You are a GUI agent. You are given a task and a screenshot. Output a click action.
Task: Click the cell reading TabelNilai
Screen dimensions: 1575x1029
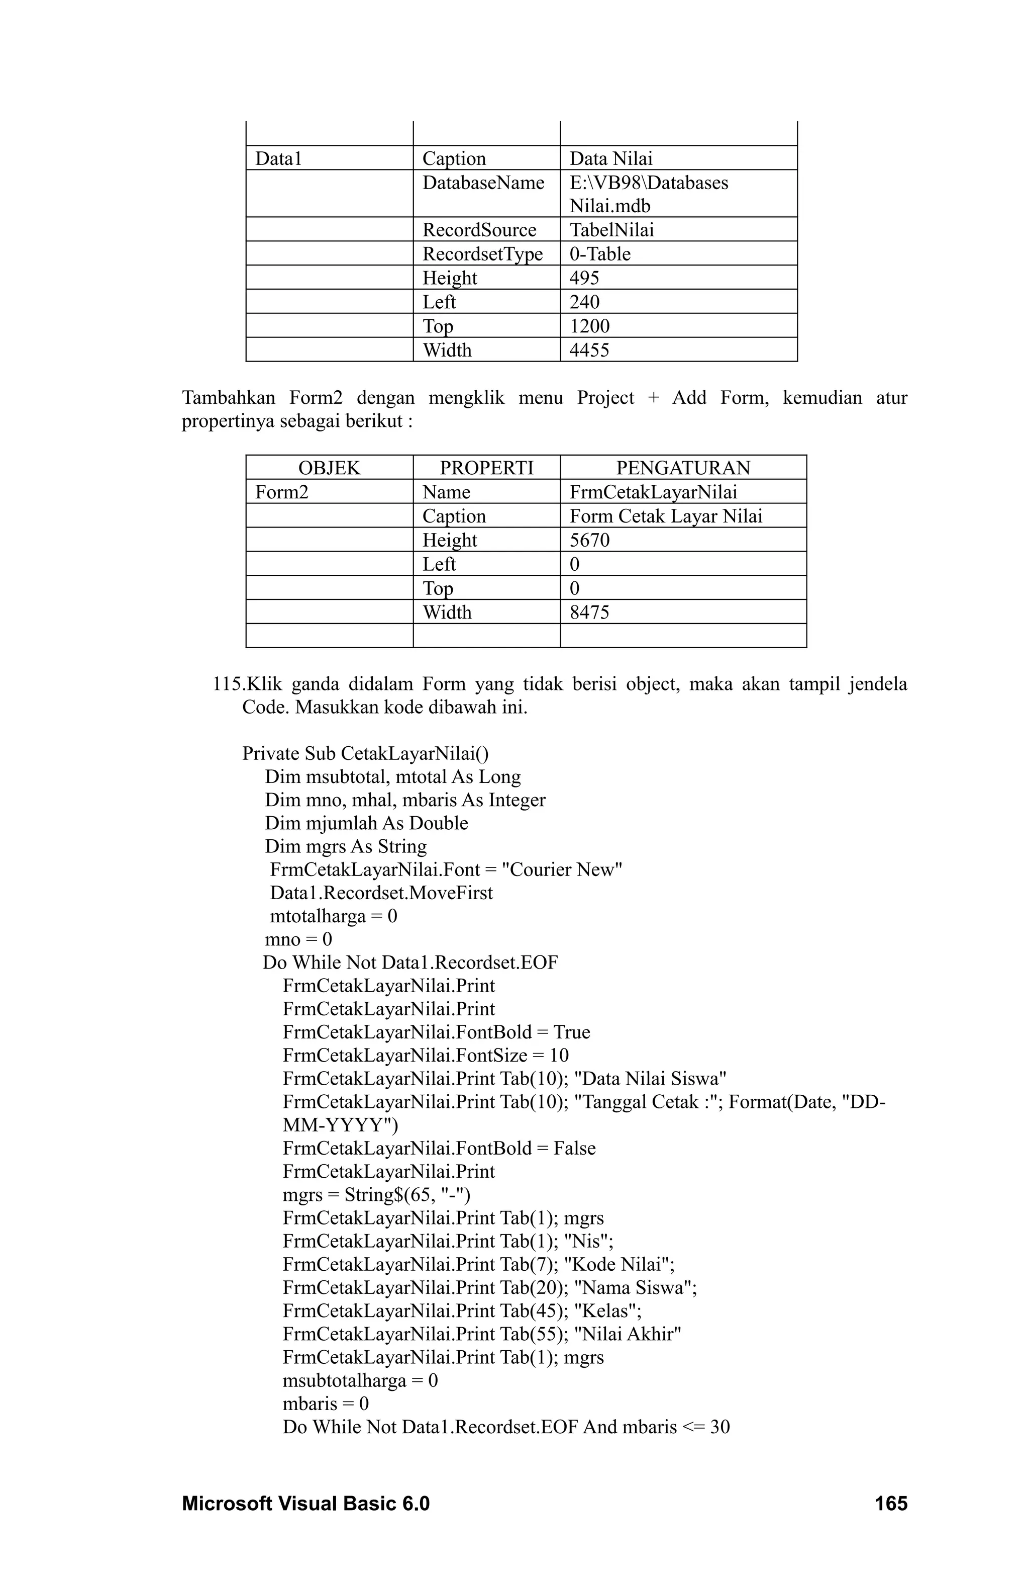coord(611,230)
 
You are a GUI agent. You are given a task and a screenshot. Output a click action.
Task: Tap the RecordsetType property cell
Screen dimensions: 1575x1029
coord(482,253)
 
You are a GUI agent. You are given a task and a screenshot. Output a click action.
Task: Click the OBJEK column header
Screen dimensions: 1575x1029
coord(329,468)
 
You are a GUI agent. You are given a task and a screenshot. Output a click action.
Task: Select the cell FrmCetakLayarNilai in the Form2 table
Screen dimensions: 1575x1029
coord(653,492)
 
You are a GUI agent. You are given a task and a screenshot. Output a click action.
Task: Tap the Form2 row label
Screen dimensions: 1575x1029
coord(282,492)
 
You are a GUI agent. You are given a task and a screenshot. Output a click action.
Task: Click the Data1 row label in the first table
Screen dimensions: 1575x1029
coord(278,158)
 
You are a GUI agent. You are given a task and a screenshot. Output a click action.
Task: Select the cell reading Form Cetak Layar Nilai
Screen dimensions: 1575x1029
coord(665,516)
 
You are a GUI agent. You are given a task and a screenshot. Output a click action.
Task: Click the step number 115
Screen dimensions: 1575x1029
coord(226,683)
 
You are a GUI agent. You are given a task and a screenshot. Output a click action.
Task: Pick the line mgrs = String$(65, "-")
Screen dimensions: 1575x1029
coord(376,1194)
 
